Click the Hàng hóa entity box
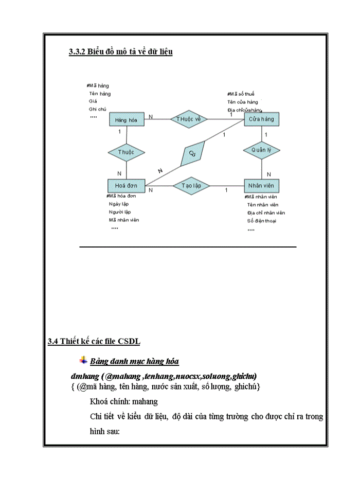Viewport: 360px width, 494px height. [127, 119]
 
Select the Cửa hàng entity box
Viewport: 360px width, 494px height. [262, 119]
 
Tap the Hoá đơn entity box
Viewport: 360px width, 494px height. [127, 185]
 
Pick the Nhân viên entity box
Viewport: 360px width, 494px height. [262, 185]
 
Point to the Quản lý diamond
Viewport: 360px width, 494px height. [262, 150]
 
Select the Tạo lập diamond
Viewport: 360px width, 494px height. [191, 185]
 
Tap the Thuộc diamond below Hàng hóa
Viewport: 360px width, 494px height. [127, 152]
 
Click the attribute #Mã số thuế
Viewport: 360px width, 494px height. [241, 94]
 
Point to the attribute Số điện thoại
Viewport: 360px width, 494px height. [262, 221]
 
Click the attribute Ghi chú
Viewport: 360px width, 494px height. [98, 109]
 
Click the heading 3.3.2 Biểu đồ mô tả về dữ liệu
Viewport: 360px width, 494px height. [120, 51]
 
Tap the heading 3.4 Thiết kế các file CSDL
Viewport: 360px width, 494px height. [94, 341]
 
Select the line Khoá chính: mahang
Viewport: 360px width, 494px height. [123, 401]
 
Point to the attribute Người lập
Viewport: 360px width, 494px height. [120, 211]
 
